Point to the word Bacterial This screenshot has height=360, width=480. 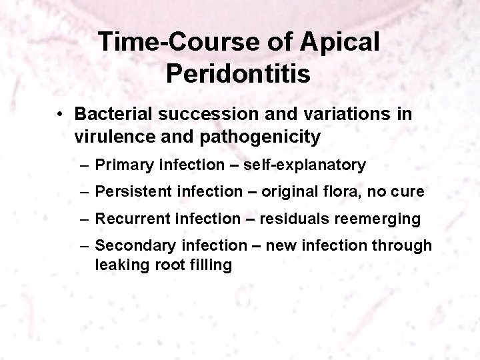(x=113, y=115)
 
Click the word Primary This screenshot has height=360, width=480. (x=121, y=164)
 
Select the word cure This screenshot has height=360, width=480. (x=408, y=191)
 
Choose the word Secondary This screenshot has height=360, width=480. (x=131, y=246)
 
